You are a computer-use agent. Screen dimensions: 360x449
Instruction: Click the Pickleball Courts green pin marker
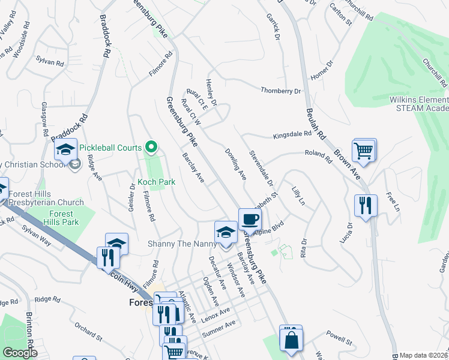coord(152,147)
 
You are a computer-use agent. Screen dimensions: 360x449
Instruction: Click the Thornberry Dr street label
coord(280,91)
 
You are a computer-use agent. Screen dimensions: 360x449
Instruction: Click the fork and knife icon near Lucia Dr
coord(365,205)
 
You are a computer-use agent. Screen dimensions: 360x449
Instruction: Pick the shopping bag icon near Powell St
coord(291,339)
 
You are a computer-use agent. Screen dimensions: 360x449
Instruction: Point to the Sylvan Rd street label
coord(50,62)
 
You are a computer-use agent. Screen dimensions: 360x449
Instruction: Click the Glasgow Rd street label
coord(44,113)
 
